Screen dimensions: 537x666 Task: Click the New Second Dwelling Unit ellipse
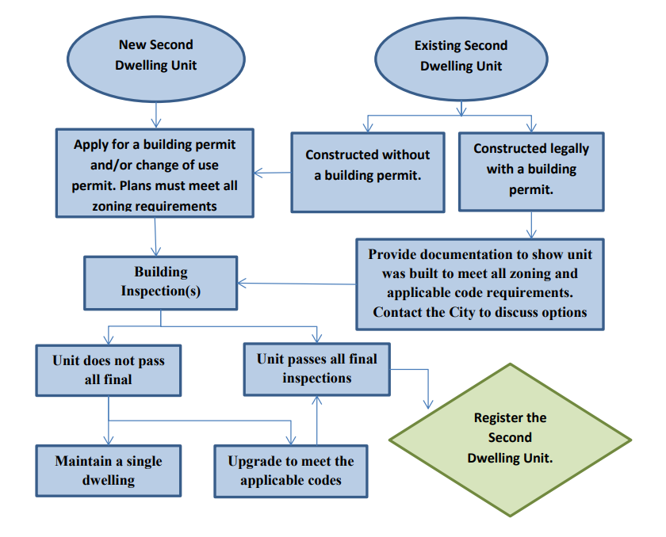click(155, 55)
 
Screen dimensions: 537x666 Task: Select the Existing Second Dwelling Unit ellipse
click(461, 55)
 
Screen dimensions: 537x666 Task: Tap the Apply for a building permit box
click(155, 173)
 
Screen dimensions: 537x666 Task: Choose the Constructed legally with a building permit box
click(531, 170)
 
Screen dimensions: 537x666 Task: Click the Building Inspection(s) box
click(160, 282)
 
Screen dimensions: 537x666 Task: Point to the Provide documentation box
click(480, 283)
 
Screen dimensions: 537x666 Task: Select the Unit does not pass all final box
click(109, 370)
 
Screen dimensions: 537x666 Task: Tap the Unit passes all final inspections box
click(316, 368)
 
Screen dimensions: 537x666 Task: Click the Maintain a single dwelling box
click(109, 470)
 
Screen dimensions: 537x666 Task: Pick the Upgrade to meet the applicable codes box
click(291, 470)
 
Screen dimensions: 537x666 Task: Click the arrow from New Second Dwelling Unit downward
click(155, 112)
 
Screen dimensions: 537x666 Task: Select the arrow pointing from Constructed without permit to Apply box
click(272, 172)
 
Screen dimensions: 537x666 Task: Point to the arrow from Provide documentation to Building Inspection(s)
click(297, 283)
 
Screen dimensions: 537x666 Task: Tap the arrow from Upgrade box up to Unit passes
click(317, 420)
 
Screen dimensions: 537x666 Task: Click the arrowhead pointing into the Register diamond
click(428, 403)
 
